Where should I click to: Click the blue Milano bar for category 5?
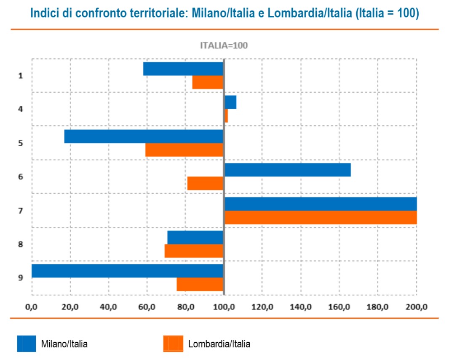[x=144, y=136]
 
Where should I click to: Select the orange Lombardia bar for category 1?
[x=208, y=82]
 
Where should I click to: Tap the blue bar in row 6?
[x=287, y=170]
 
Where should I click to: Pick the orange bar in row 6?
[x=205, y=183]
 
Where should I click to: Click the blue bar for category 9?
[x=127, y=271]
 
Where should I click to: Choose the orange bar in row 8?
[x=194, y=251]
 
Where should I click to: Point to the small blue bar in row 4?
[x=230, y=102]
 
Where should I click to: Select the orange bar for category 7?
[x=321, y=218]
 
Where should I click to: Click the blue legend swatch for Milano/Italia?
[x=26, y=344]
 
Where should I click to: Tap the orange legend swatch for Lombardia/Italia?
[x=173, y=344]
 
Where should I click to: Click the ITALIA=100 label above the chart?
[x=224, y=46]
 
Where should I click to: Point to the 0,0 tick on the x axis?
[x=32, y=306]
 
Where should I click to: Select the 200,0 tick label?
[x=417, y=306]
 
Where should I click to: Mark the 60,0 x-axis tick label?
[x=147, y=306]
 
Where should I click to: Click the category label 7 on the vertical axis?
[x=20, y=210]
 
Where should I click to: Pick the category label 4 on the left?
[x=20, y=109]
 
